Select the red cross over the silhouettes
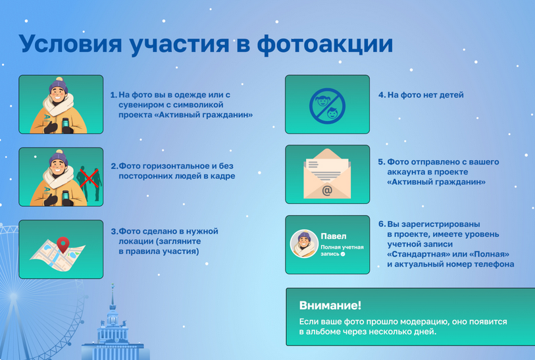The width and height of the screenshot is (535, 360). pos(86,176)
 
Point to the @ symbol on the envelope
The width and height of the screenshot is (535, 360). pos(327,191)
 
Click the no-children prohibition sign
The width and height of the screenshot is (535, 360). pos(327,105)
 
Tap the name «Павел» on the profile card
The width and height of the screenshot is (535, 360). pos(333,236)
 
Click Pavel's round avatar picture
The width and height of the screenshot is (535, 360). pos(304,244)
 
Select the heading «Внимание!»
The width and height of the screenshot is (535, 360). pos(330,305)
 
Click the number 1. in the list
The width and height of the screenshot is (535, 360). pos(113,95)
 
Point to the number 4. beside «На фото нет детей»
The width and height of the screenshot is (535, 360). pos(382,95)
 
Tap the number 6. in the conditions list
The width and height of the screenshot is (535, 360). pos(382,224)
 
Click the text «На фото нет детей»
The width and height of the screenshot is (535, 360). pos(425,95)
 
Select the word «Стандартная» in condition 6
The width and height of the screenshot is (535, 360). pos(419,254)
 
